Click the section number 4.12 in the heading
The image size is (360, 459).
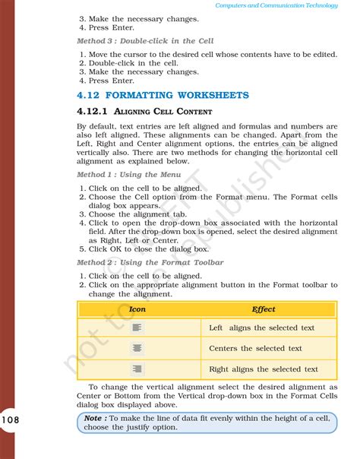[90, 95]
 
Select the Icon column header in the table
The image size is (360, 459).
[137, 309]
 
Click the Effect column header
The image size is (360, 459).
[263, 309]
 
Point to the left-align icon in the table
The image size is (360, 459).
[137, 328]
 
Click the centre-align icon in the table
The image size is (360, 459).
[137, 348]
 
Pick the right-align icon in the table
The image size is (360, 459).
[137, 369]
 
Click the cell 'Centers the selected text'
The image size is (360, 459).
[255, 348]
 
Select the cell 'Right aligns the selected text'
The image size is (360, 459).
[264, 369]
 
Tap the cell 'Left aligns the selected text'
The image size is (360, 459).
[261, 328]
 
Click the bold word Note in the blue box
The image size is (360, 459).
[94, 418]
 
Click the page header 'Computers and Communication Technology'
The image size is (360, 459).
[286, 5]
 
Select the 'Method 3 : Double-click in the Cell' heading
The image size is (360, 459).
[145, 40]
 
